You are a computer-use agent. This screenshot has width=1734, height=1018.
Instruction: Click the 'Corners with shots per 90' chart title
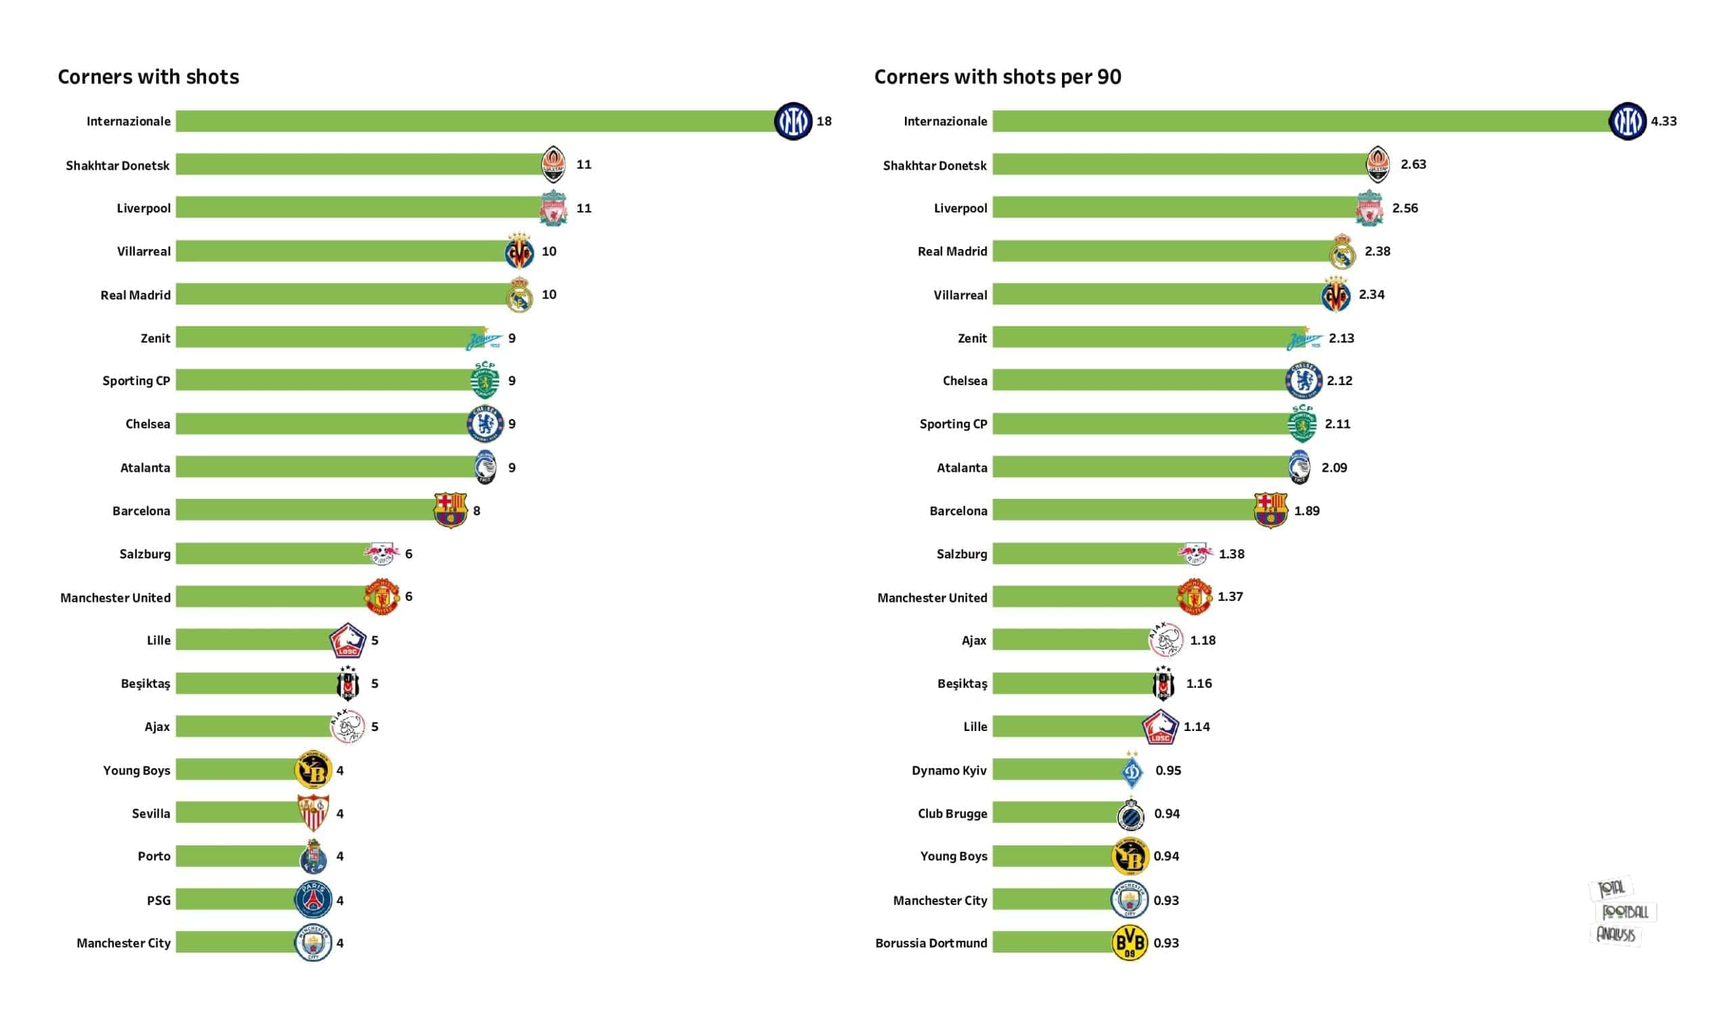997,76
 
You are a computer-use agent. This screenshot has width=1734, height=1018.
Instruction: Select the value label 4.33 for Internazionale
1663,121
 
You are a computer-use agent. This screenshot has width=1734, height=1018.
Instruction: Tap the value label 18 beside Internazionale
824,121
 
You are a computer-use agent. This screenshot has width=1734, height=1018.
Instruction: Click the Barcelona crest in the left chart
450,510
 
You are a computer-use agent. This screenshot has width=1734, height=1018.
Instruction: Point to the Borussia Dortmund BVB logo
1129,943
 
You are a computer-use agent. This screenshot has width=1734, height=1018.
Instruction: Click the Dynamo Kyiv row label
949,770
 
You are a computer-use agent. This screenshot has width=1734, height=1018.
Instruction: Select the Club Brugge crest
1130,814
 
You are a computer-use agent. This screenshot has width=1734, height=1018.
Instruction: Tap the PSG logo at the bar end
313,900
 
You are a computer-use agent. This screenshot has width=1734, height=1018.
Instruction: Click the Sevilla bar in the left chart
237,813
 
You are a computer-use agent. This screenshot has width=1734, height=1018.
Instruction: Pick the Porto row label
154,856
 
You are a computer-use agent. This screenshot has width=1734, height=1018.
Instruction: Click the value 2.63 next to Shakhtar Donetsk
1413,164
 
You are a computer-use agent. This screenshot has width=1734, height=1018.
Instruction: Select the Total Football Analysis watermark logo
1621,912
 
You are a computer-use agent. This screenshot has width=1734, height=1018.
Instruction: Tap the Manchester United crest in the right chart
1194,596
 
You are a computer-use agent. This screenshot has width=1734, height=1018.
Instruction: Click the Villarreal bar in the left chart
341,251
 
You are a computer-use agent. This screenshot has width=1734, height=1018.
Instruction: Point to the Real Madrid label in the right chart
952,252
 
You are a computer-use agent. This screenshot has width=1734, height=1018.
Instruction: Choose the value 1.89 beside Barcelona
1306,510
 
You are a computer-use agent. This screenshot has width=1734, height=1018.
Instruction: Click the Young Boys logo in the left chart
313,770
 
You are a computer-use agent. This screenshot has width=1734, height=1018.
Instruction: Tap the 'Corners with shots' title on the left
148,76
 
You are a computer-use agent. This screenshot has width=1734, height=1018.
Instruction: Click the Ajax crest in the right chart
1166,640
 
